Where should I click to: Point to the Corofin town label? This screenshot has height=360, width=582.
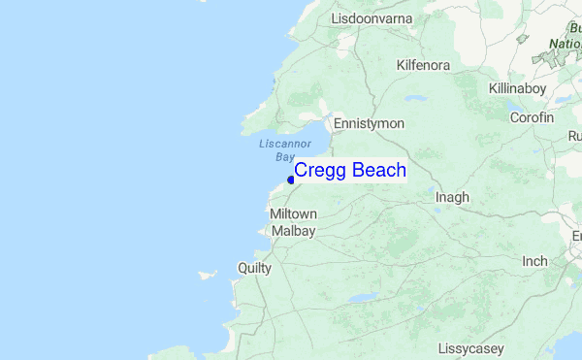532,116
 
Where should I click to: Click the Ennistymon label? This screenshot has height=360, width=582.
369,124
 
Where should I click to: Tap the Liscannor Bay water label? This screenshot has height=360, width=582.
282,149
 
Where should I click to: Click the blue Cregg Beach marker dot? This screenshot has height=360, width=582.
291,180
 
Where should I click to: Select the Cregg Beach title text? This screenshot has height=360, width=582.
350,171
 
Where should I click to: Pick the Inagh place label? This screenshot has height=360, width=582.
452,197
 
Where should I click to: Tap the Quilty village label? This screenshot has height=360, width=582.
254,267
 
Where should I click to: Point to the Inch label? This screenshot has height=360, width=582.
534,261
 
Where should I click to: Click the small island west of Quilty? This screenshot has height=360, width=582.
208,275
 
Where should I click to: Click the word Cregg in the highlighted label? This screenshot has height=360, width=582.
321,171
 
